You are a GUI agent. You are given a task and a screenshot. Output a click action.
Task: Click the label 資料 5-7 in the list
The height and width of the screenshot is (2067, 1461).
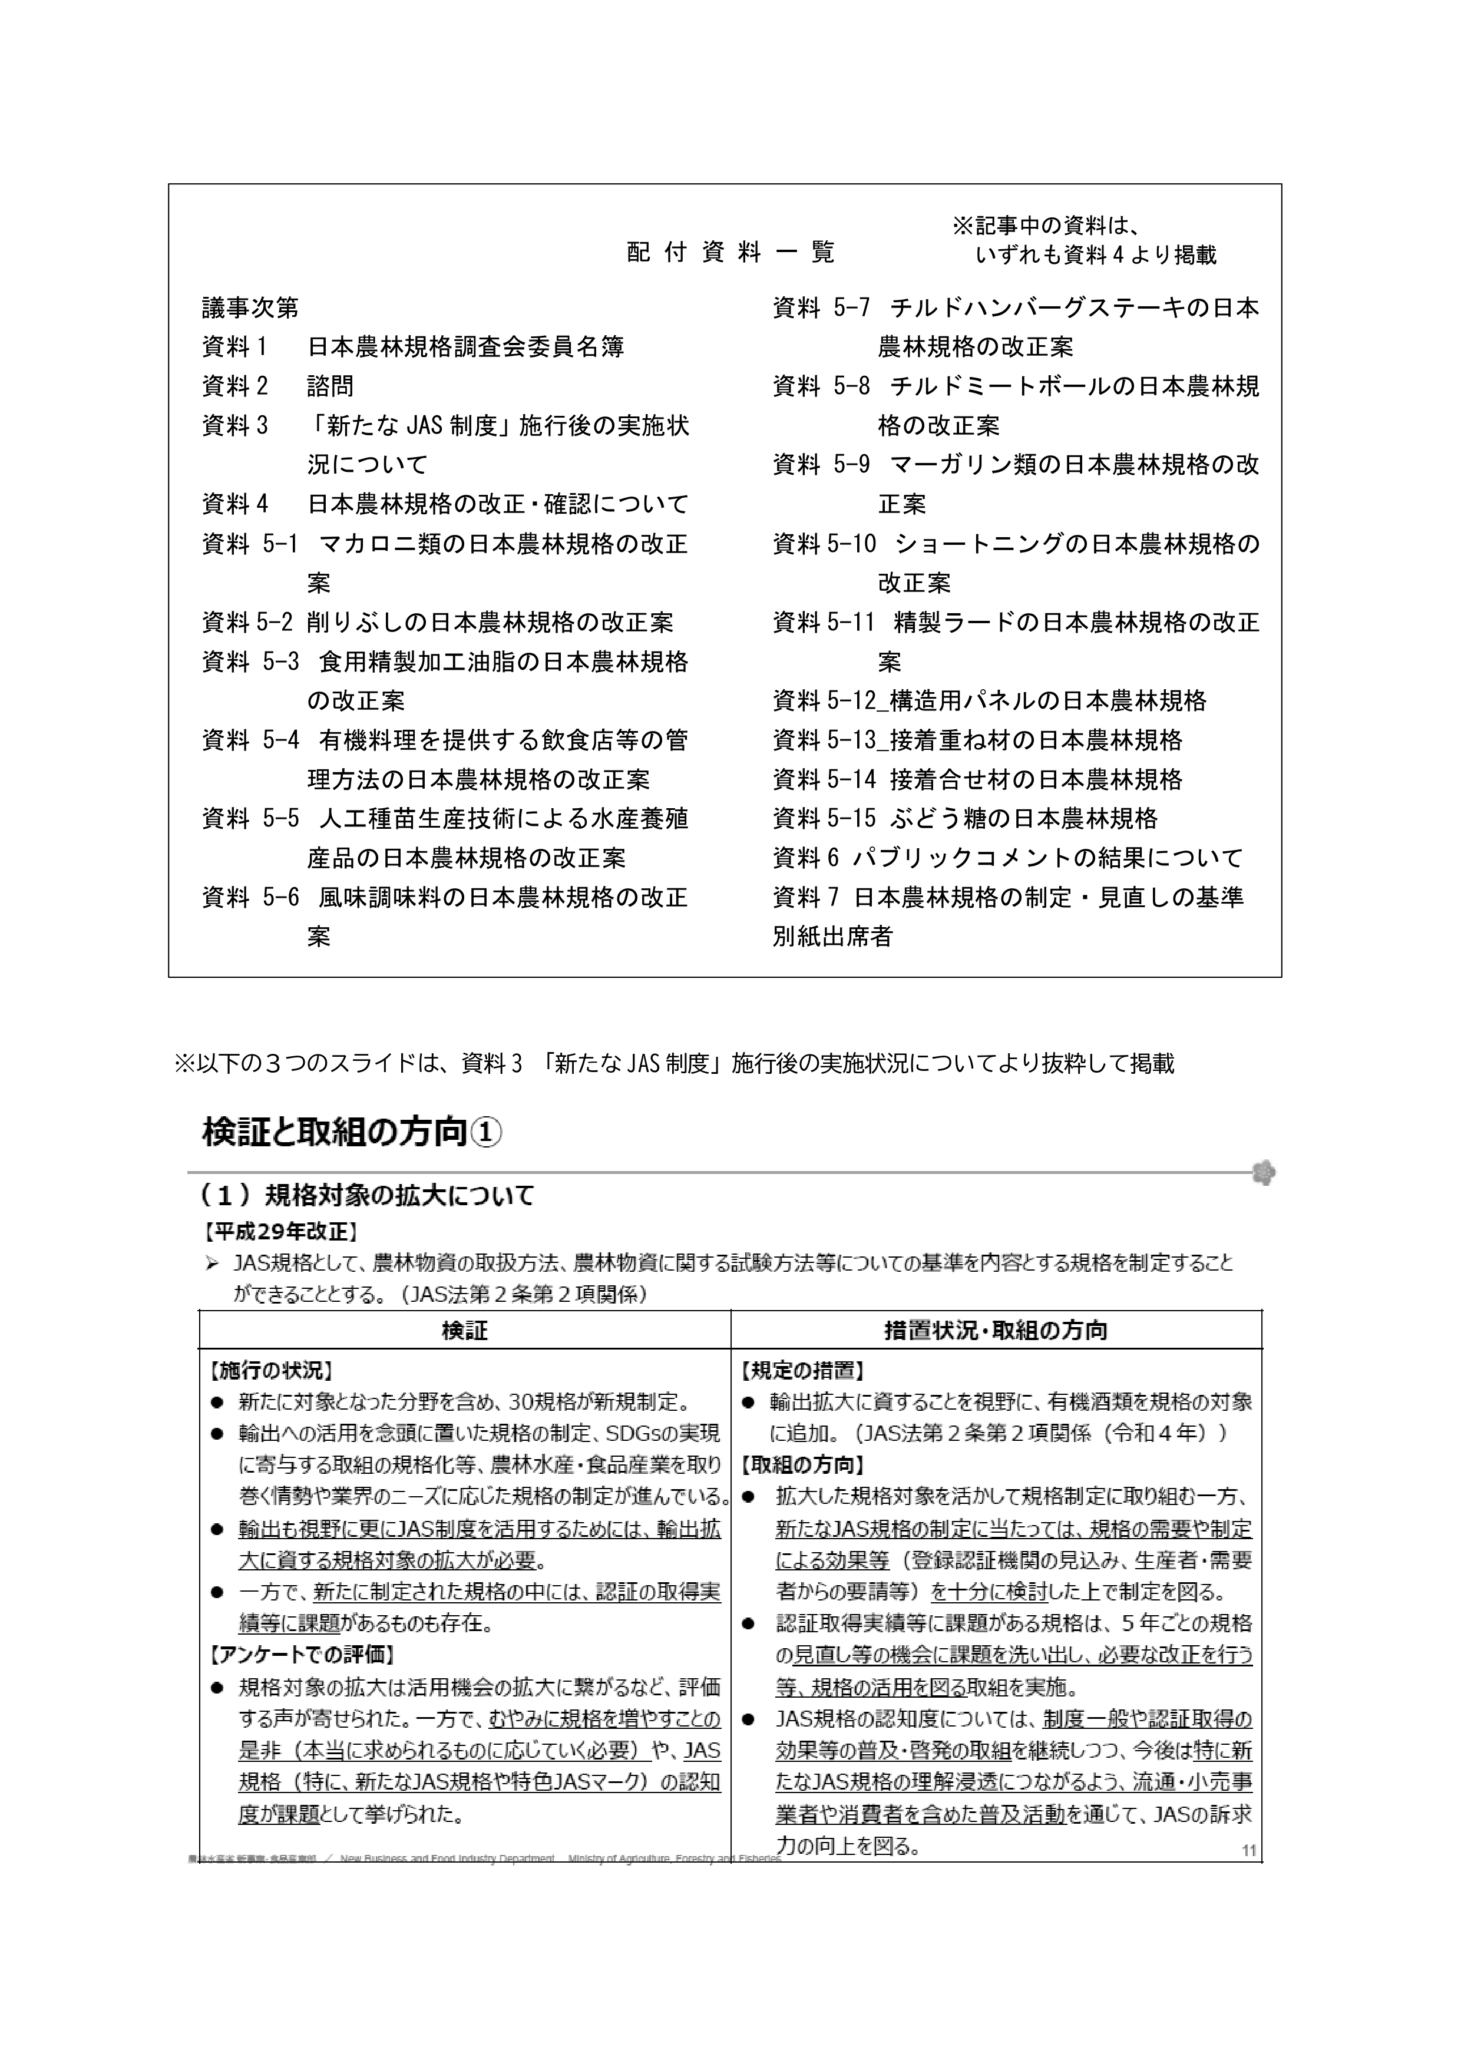(821, 309)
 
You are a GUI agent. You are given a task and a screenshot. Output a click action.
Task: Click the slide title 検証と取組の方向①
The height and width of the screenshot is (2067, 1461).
(352, 1133)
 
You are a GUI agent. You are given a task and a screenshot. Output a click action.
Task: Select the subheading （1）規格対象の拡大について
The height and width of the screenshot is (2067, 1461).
(367, 1196)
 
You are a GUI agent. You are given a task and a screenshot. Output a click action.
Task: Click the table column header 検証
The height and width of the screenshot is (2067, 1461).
(464, 1331)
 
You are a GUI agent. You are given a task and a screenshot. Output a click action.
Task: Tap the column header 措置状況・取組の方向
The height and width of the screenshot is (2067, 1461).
(996, 1331)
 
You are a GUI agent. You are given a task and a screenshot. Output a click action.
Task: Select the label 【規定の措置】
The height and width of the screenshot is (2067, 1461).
(803, 1371)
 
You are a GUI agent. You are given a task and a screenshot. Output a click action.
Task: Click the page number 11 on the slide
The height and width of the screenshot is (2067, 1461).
(1248, 1851)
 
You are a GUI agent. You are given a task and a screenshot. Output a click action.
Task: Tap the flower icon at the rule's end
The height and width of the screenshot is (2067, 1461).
(1264, 1173)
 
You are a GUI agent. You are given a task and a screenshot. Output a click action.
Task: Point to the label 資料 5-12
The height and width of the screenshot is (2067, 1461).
(824, 702)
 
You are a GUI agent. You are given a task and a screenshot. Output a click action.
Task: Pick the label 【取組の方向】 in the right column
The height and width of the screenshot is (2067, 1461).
(803, 1466)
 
